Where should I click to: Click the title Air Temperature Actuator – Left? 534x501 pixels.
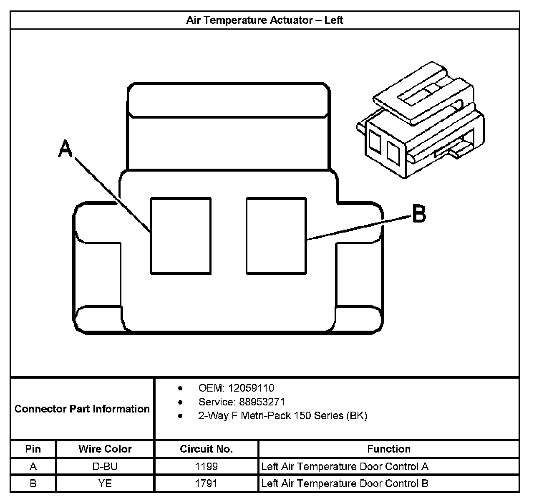tap(264, 20)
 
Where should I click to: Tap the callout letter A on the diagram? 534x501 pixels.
tap(65, 149)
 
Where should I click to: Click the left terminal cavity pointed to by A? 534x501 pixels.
tap(180, 236)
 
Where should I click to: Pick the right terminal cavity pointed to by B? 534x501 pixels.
tap(276, 236)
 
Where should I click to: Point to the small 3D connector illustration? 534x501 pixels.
tap(421, 121)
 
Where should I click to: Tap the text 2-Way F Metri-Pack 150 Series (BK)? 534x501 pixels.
tap(282, 416)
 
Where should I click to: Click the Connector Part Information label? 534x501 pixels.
tap(82, 409)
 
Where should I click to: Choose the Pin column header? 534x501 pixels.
tap(33, 449)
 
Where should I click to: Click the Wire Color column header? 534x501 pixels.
tap(105, 449)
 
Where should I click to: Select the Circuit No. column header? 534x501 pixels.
tap(206, 449)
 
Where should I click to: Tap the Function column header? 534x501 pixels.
tap(388, 449)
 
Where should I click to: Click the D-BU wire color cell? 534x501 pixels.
tap(105, 466)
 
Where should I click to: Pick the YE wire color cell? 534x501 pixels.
tap(105, 483)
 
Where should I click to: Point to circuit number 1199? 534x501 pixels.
tap(206, 466)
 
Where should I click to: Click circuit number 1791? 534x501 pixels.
tap(206, 483)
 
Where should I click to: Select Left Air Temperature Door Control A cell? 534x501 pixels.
tap(345, 466)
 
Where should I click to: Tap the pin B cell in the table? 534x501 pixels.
tap(33, 483)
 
